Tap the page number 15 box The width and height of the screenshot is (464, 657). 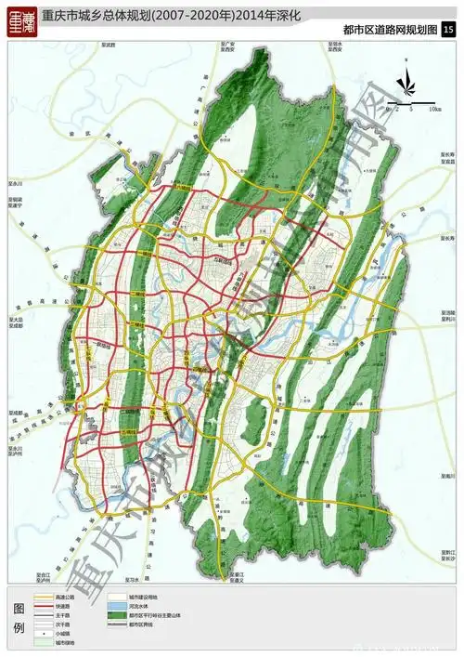pyautogui.click(x=448, y=31)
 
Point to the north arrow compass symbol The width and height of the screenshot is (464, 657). pyautogui.click(x=406, y=85)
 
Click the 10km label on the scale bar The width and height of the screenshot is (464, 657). pyautogui.click(x=435, y=109)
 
